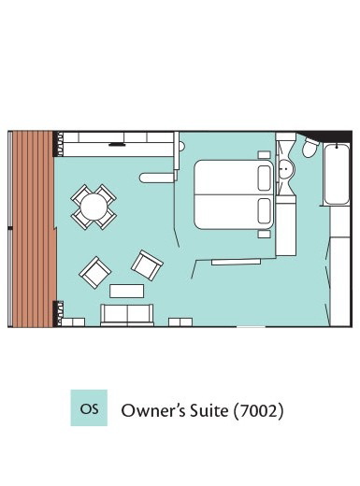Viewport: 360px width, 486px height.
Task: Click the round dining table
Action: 94,207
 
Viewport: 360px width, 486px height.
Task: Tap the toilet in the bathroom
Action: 310,149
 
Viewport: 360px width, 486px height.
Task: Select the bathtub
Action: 337,174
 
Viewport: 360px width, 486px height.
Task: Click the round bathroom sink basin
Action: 285,169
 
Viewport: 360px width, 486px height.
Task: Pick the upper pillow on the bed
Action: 265,178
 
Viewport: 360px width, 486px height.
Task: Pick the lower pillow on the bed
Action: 265,211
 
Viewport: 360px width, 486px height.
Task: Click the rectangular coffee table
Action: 127,291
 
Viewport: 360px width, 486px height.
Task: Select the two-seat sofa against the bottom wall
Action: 127,315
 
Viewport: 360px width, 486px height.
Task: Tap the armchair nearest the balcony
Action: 94,273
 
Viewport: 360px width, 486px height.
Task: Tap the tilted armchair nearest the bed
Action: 147,265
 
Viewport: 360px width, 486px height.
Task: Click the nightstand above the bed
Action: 264,155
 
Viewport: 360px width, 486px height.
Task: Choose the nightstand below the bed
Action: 264,235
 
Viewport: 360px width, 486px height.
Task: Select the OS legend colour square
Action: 89,407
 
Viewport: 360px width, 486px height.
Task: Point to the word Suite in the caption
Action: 206,410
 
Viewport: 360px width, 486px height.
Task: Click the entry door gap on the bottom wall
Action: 251,326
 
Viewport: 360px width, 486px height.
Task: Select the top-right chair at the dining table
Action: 107,194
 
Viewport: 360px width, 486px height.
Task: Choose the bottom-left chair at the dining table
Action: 80,220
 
